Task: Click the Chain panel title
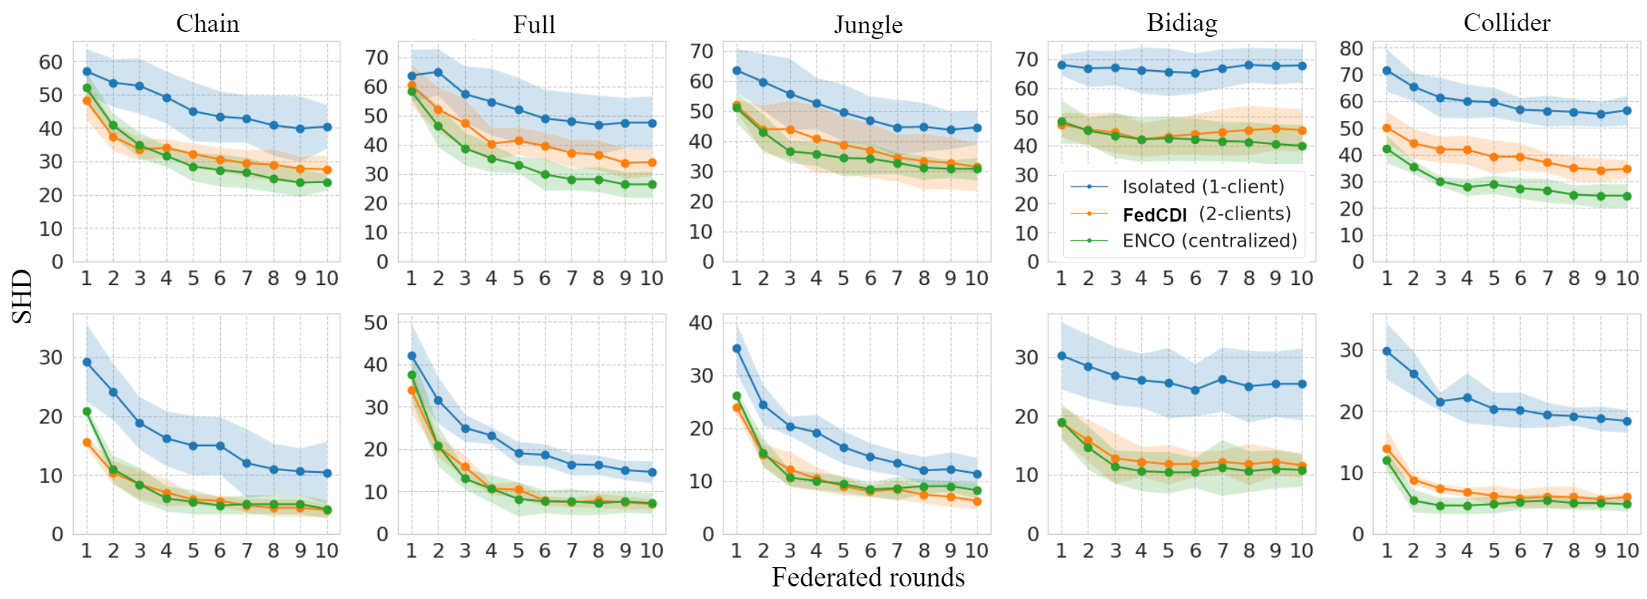tap(207, 24)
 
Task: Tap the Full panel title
tap(534, 24)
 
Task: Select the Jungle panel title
tap(868, 24)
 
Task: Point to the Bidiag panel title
tap(1182, 23)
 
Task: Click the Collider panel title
tap(1507, 23)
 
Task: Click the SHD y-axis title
tap(22, 296)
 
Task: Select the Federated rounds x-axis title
tap(868, 578)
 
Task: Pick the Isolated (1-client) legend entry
tap(1203, 187)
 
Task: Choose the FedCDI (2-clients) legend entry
tap(1206, 214)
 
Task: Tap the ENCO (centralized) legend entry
tap(1209, 241)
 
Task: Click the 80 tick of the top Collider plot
tap(1351, 49)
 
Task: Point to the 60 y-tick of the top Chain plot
tap(51, 62)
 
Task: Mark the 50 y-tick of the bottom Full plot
tap(376, 323)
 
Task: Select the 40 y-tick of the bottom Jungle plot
tap(701, 323)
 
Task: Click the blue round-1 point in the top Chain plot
tap(87, 72)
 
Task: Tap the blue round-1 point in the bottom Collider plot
tap(1386, 352)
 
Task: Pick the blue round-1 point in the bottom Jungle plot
tap(737, 349)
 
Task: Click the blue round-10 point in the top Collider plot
tap(1627, 111)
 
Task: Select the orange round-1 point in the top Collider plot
tap(1386, 129)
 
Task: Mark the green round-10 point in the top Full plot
tap(652, 185)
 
